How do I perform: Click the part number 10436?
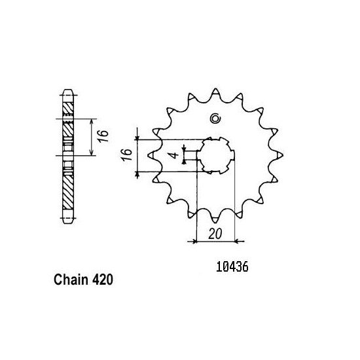pos(232,267)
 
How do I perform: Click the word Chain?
pos(71,279)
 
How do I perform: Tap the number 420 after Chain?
pos(103,280)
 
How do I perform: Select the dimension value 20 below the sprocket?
pos(215,234)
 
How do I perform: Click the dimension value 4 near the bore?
pos(175,155)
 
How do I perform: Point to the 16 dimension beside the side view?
pos(103,136)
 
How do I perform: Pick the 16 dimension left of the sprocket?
pos(127,155)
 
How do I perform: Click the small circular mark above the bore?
pos(215,118)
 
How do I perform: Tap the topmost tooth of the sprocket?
pos(215,92)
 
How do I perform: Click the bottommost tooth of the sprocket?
pos(215,219)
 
